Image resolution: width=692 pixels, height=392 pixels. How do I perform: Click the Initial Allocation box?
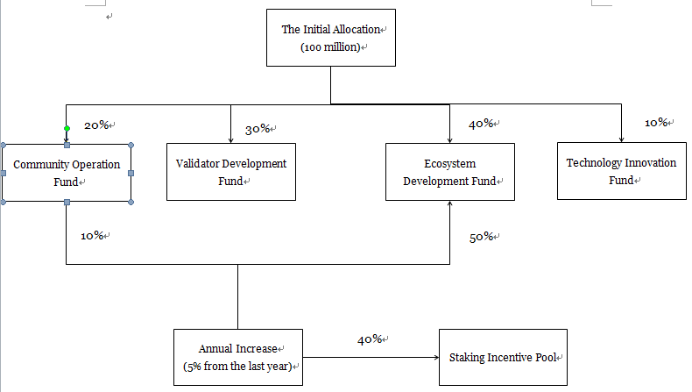(331, 38)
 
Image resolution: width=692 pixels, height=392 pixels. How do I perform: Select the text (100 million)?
(330, 47)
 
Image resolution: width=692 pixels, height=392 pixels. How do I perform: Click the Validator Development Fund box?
(230, 172)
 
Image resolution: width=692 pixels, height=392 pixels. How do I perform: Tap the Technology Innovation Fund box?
(621, 171)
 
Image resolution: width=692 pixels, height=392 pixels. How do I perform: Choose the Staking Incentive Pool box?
(503, 358)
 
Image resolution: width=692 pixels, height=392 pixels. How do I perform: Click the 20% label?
(96, 125)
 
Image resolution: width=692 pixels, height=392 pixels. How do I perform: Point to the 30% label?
(257, 130)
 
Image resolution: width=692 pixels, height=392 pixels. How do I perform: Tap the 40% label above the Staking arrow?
(369, 340)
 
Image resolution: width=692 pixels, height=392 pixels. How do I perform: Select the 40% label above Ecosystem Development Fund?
(481, 125)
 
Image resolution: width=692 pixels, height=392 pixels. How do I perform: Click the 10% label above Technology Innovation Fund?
(657, 123)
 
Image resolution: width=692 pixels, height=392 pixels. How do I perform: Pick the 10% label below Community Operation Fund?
(93, 236)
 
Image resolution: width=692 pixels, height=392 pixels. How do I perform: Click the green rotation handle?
(67, 129)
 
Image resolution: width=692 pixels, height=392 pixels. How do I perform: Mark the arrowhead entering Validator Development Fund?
(230, 139)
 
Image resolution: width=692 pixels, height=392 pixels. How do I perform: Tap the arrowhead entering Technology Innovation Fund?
(621, 139)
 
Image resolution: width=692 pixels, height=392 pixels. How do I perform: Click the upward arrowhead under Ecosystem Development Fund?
(450, 205)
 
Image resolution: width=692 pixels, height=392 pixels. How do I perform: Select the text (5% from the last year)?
(237, 366)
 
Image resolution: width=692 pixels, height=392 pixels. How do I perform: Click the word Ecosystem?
(449, 163)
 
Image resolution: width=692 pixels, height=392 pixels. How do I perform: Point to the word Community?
(40, 165)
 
